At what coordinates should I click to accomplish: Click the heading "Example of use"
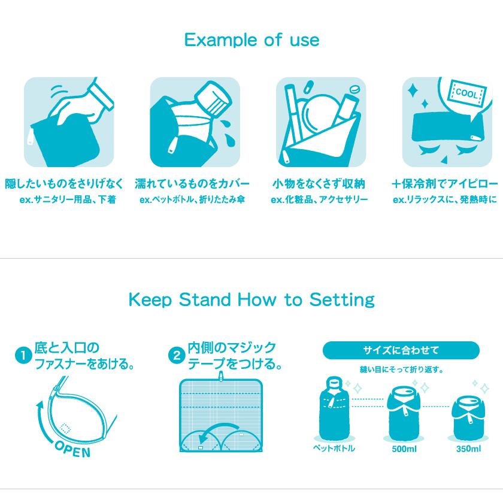click(x=252, y=40)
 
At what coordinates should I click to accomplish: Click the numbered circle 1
click(x=23, y=356)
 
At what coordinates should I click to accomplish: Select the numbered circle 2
click(x=177, y=356)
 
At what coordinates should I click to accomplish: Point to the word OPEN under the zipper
click(x=73, y=449)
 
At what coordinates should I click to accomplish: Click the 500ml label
click(x=404, y=449)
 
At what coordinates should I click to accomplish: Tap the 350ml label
click(x=468, y=449)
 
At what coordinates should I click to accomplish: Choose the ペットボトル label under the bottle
click(x=334, y=448)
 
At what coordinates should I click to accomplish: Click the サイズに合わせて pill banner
click(x=401, y=350)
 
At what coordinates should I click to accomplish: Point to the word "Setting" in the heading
click(x=342, y=300)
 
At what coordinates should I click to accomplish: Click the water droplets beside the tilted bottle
click(x=228, y=133)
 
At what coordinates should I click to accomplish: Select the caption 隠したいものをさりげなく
click(x=64, y=184)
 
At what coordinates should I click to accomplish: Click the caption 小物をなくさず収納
click(x=319, y=184)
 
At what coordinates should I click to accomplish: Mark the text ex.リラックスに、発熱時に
click(x=444, y=199)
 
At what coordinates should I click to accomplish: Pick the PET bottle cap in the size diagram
click(x=334, y=383)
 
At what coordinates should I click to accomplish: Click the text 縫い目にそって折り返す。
click(x=401, y=369)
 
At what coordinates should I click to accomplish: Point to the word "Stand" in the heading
click(x=205, y=299)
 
